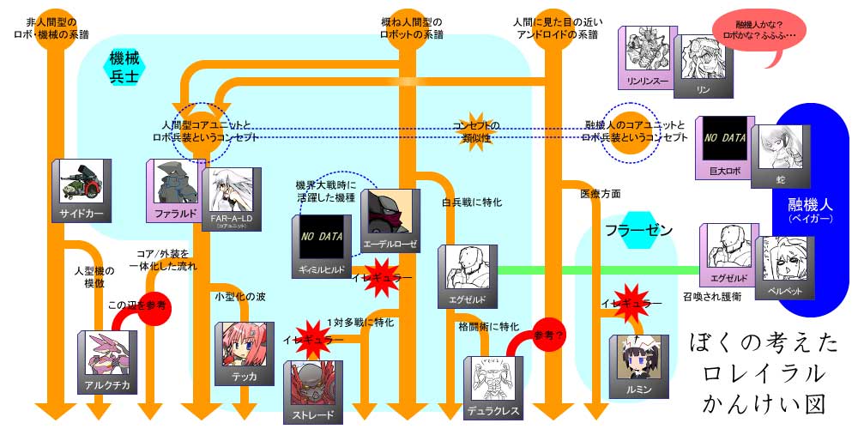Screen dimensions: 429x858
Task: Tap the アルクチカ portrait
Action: pos(107,358)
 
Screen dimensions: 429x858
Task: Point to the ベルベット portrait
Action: pos(782,267)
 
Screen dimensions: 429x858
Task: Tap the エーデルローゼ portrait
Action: pos(390,215)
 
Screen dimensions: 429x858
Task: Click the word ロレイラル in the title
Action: pos(764,372)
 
